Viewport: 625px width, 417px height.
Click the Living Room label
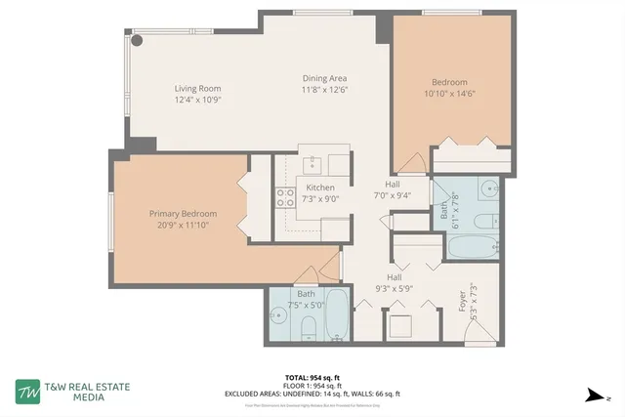click(198, 87)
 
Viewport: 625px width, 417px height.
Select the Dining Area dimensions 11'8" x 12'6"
click(324, 90)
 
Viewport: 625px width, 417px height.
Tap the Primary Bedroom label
click(183, 214)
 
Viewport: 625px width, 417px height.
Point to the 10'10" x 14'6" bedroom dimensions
click(449, 94)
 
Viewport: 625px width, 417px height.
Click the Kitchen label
click(320, 188)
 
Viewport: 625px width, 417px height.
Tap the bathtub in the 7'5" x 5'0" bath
click(335, 313)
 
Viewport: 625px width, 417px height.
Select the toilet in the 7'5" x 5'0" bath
click(309, 327)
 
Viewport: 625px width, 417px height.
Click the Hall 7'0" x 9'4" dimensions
click(393, 194)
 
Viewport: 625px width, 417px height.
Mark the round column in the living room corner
click(138, 41)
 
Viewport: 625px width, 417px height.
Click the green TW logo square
click(27, 391)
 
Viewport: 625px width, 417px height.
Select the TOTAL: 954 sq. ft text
click(312, 377)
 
